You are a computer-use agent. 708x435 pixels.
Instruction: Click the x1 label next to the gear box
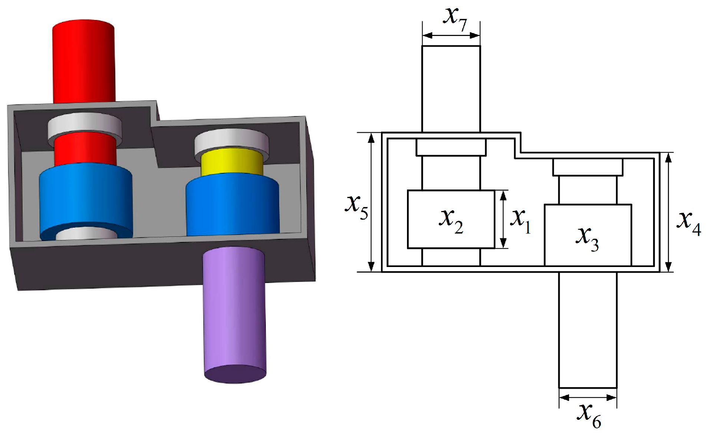coord(520,220)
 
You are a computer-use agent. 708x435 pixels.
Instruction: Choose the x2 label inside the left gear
coord(451,220)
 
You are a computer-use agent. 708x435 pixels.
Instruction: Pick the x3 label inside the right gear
coord(587,238)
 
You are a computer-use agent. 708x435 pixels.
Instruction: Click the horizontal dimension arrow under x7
coord(451,36)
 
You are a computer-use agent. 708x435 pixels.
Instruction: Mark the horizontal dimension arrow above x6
coord(588,398)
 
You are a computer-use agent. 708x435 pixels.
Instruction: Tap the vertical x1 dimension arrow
coord(503,219)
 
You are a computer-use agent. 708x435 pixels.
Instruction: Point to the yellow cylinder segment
coord(232,163)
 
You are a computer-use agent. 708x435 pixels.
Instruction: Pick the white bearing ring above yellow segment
coord(231,141)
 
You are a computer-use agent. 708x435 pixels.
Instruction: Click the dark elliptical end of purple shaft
coord(235,374)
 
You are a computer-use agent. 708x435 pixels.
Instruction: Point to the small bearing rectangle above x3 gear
coord(588,167)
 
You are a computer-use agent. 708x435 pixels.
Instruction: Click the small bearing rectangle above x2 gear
coord(451,148)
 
